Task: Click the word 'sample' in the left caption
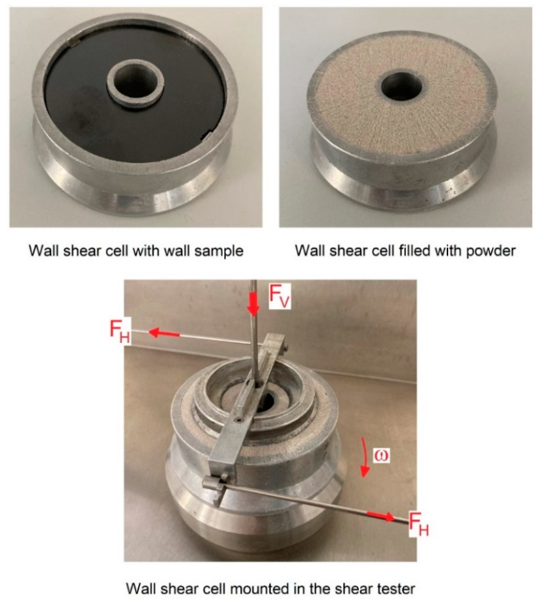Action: click(x=219, y=251)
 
